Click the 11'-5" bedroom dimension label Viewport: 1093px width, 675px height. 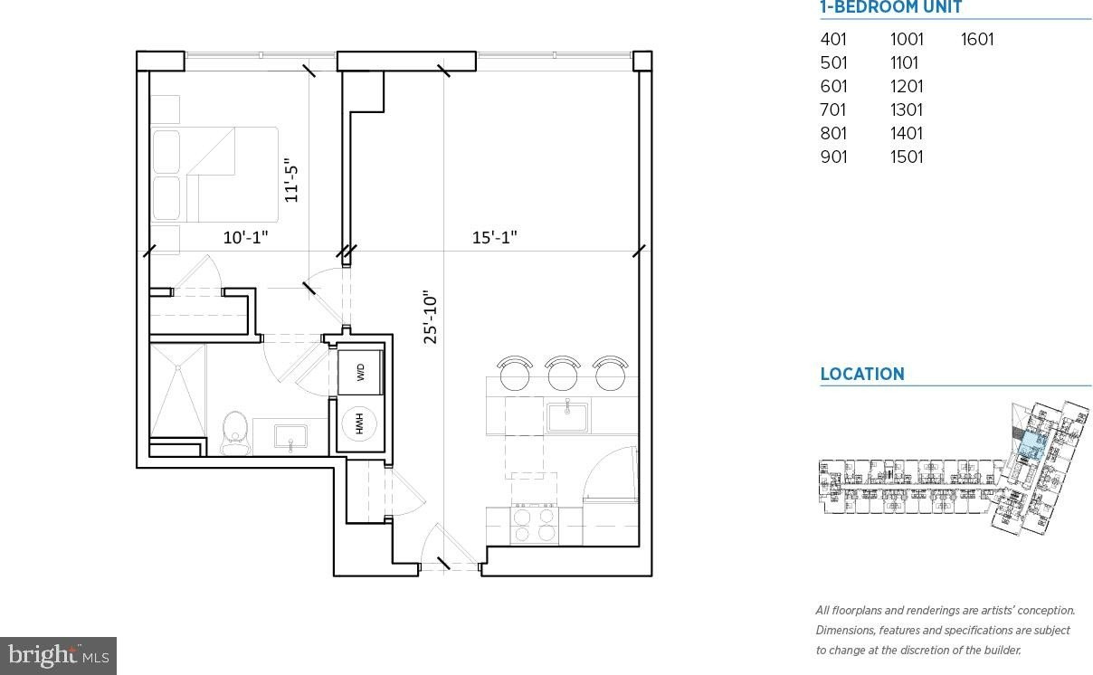[x=290, y=180]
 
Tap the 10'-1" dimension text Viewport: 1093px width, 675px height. [x=245, y=238]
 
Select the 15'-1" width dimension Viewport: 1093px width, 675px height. [x=494, y=238]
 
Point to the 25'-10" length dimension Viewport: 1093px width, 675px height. [x=431, y=318]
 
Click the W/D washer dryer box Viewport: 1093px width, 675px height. [x=360, y=373]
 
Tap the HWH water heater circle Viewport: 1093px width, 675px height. [x=359, y=423]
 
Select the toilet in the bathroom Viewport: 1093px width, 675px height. [x=235, y=433]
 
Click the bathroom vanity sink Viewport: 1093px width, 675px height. [x=290, y=436]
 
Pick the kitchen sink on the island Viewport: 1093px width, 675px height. [x=566, y=417]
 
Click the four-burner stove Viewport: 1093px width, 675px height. [x=535, y=525]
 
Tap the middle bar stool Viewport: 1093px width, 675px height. [x=563, y=374]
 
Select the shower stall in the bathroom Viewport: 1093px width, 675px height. [x=177, y=391]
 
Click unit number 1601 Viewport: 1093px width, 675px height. [x=977, y=40]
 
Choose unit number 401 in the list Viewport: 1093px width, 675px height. [x=833, y=40]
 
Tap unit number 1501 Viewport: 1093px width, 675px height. [x=907, y=157]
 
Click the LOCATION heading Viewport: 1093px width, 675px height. [x=862, y=375]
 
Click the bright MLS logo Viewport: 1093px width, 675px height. [x=58, y=656]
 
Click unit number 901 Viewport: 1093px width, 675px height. [x=833, y=157]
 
